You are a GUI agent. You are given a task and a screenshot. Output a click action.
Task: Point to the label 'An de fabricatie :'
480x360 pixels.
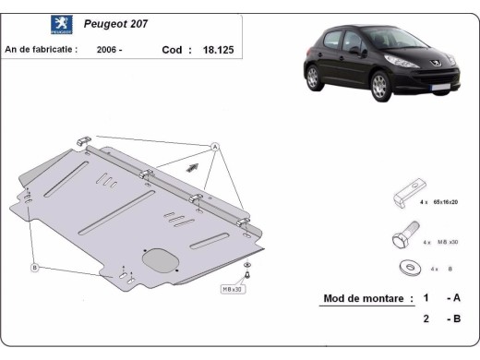pos(42,51)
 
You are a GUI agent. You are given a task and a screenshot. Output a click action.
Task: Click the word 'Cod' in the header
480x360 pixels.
pos(172,51)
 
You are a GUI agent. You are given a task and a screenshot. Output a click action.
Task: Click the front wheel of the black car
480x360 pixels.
pos(379,87)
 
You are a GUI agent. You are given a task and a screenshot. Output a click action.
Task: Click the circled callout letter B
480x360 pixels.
pos(34,268)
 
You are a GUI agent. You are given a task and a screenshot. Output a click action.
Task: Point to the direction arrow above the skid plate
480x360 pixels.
pos(192,165)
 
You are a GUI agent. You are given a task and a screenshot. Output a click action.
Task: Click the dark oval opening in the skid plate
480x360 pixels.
pos(158,258)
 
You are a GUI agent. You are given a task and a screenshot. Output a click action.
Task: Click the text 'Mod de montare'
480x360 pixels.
pos(366,298)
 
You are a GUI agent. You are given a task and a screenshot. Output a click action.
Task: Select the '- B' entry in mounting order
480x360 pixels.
pos(451,319)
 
